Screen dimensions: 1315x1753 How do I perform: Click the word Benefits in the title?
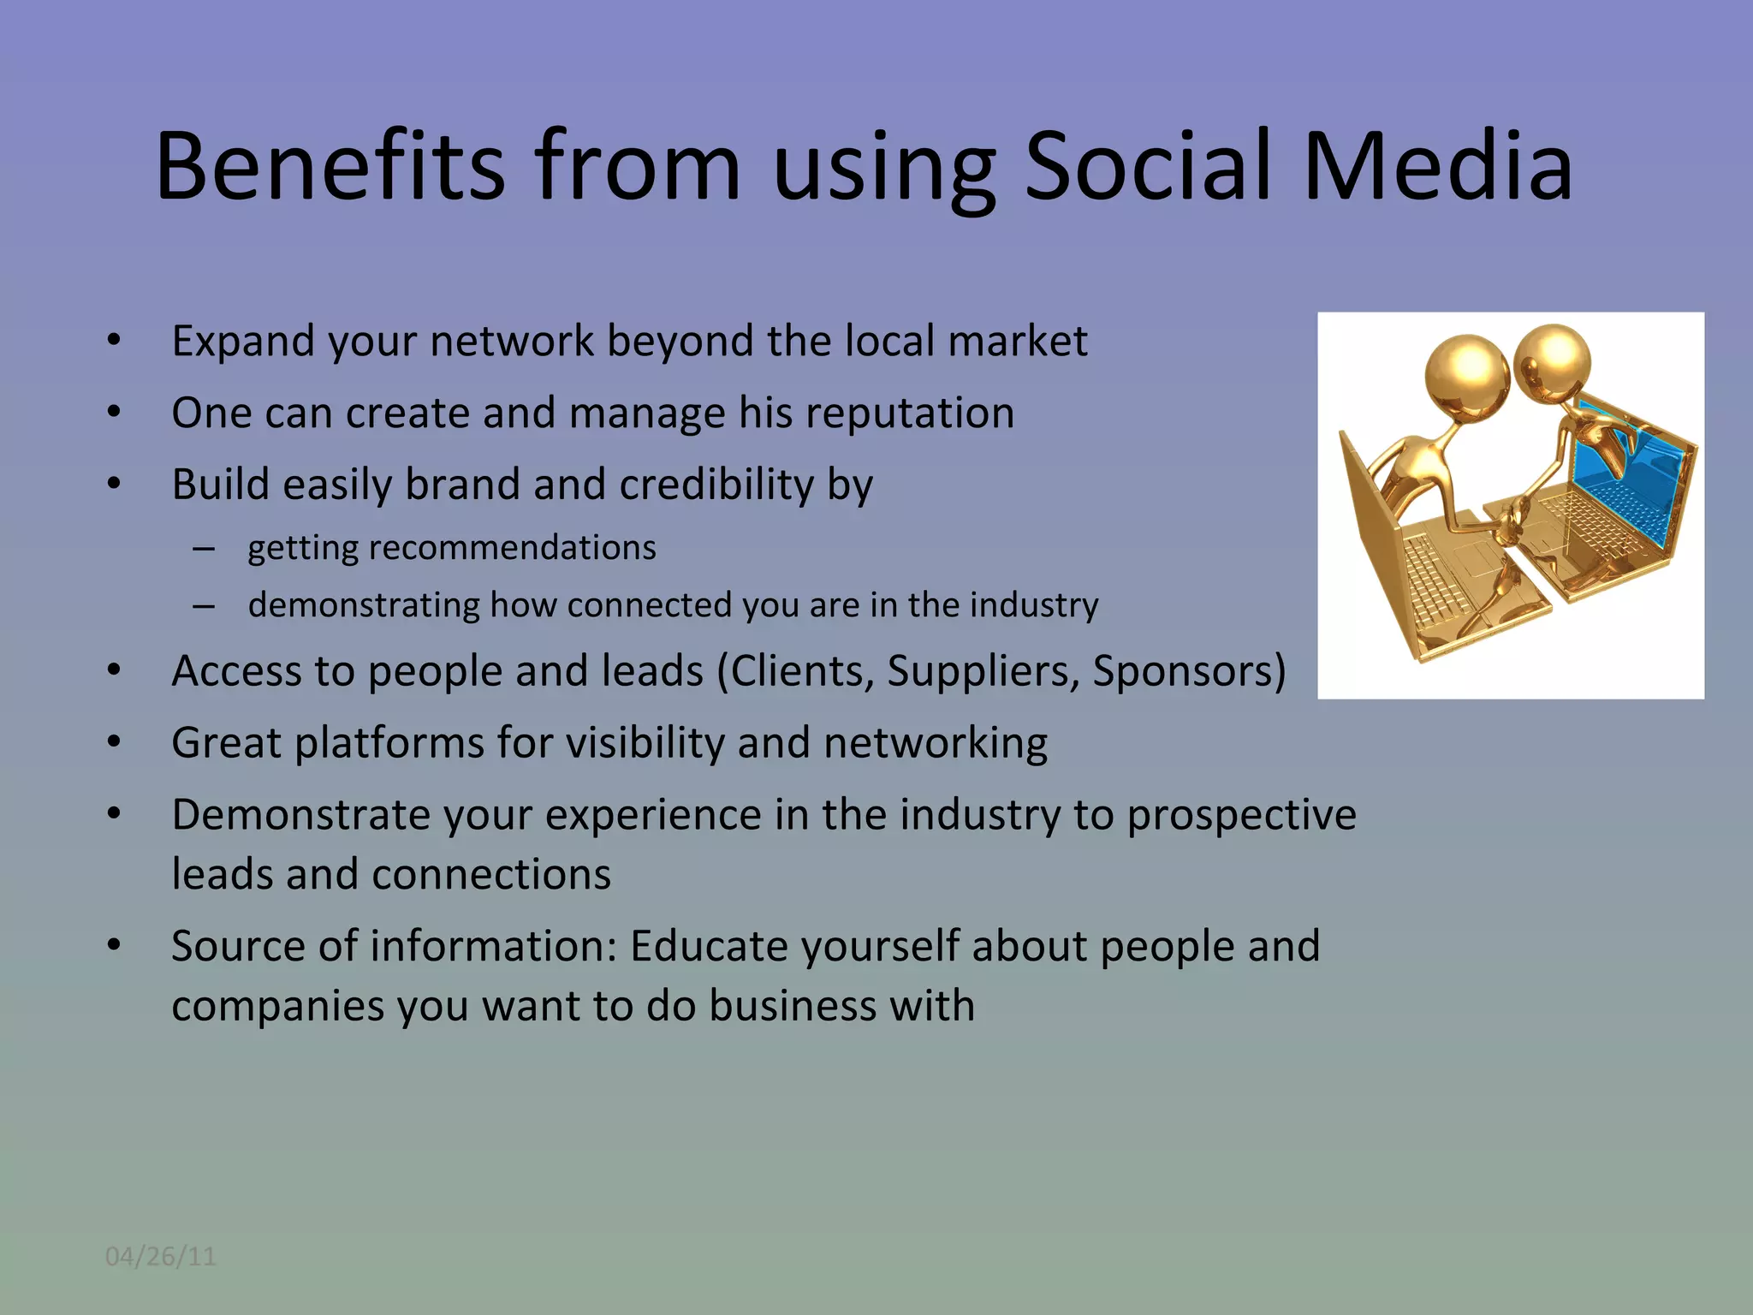pos(330,166)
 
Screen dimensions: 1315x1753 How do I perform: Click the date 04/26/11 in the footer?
pos(160,1256)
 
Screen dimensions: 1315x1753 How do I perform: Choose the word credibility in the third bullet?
pos(716,485)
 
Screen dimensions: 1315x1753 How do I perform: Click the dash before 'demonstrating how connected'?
pos(204,606)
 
